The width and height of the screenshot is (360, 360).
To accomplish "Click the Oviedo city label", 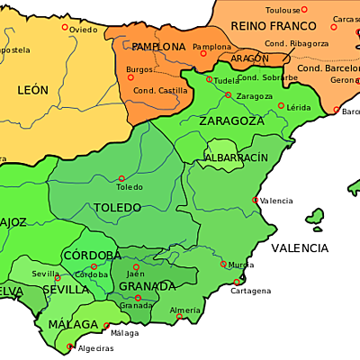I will (x=84, y=30).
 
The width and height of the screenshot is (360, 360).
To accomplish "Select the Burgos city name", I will (x=140, y=69).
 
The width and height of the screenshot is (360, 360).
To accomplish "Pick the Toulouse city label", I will (x=258, y=10).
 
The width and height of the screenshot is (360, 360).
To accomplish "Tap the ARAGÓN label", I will (x=249, y=58).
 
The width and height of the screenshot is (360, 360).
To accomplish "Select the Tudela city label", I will (x=228, y=79).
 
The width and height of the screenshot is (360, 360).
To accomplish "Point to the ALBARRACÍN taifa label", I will (x=236, y=157).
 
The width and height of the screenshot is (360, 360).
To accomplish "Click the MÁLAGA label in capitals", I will (x=73, y=324).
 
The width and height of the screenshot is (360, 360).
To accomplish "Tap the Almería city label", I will (x=184, y=310).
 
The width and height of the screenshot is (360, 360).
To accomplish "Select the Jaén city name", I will (x=137, y=274).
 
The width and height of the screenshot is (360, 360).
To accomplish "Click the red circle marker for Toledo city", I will (x=121, y=178).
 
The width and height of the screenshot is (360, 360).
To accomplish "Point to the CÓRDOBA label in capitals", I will (x=92, y=256).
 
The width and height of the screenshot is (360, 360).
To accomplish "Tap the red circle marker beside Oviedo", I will (x=65, y=28).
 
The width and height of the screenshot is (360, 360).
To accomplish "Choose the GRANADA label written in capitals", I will (x=147, y=286).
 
